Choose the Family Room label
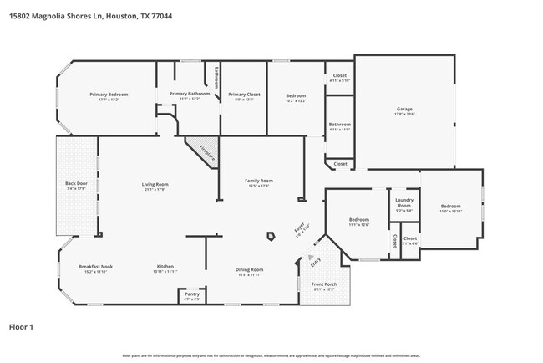click(x=260, y=182)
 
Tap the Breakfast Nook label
click(x=95, y=268)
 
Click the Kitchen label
click(x=165, y=268)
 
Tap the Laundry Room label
click(x=403, y=206)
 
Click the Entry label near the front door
click(x=316, y=262)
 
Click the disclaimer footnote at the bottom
click(x=271, y=356)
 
